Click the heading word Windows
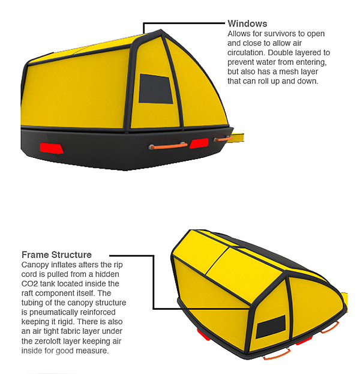click(247, 24)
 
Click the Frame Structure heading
click(56, 255)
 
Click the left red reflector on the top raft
click(48, 148)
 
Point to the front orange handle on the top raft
click(167, 145)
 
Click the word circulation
click(248, 52)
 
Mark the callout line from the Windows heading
click(180, 23)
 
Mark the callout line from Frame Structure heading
click(154, 282)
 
